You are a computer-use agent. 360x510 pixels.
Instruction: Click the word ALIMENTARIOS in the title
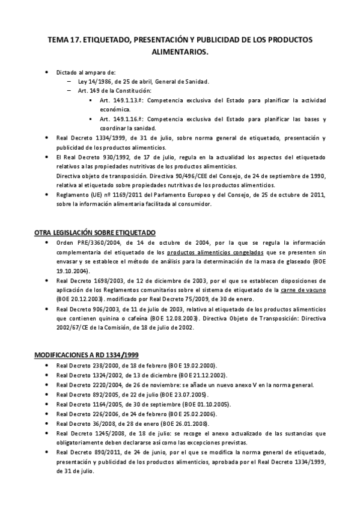point(180,52)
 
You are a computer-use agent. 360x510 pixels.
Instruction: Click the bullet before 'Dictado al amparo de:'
point(47,72)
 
